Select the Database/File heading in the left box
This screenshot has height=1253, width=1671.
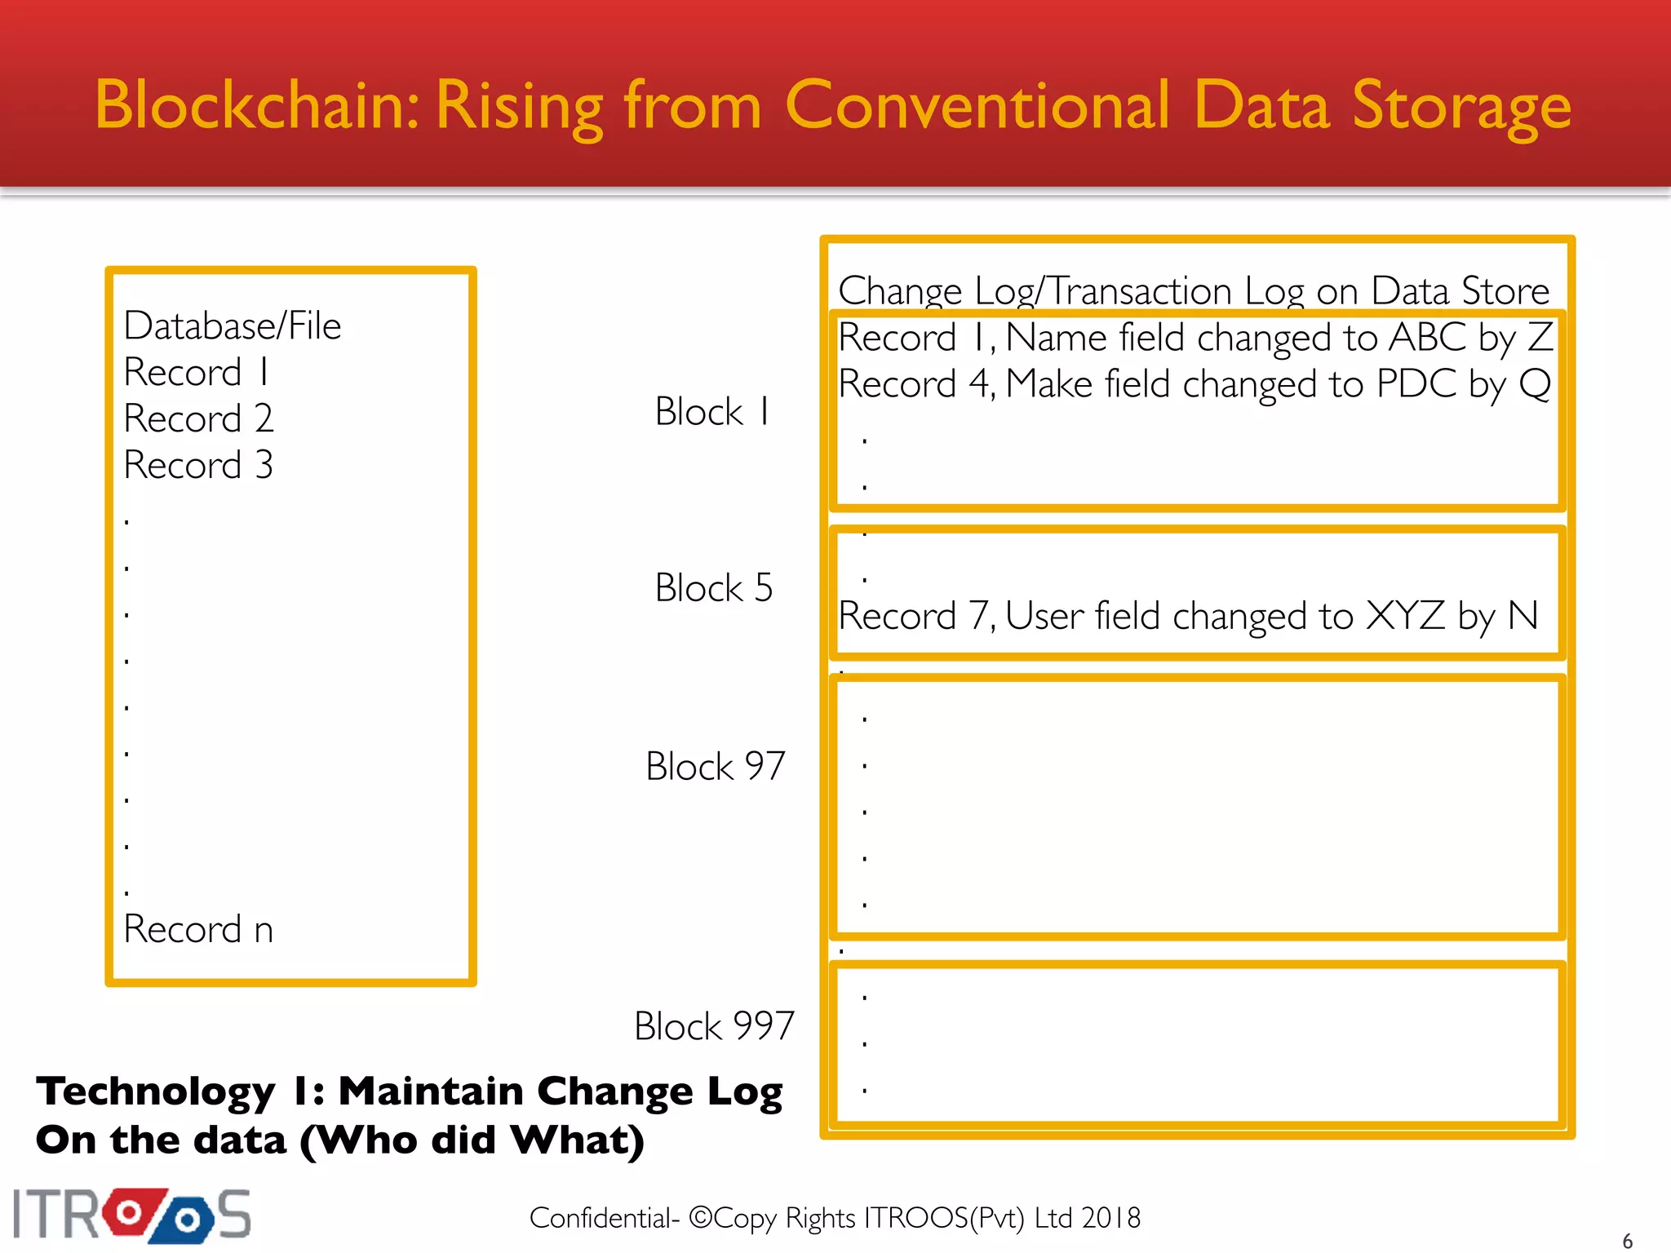click(233, 326)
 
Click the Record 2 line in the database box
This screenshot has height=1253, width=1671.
click(198, 419)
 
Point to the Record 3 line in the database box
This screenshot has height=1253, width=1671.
click(198, 466)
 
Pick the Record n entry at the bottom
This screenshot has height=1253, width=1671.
click(198, 930)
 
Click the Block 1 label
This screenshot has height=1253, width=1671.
click(712, 412)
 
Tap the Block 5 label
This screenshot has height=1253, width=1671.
click(714, 588)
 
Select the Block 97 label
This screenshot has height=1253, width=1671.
click(715, 767)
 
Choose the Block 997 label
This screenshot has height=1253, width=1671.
click(714, 1026)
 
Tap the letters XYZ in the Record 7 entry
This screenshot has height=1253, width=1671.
click(1406, 616)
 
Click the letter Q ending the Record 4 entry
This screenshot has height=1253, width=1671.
click(1535, 384)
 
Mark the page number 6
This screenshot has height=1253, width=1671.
click(1627, 1241)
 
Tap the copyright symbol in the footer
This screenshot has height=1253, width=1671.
click(701, 1218)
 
